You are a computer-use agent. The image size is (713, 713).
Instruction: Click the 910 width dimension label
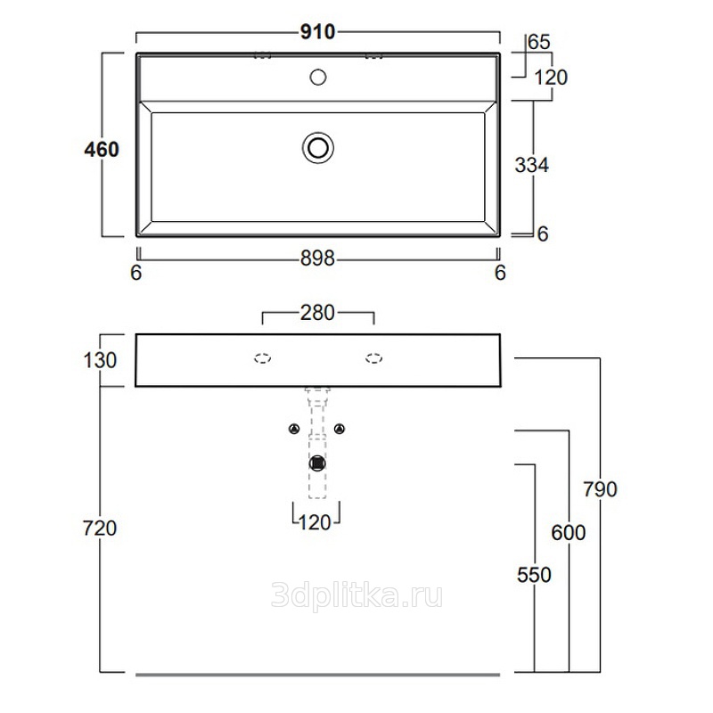pyautogui.click(x=317, y=32)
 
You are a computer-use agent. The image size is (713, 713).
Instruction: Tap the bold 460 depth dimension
pyautogui.click(x=102, y=149)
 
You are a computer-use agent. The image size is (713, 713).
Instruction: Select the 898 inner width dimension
pyautogui.click(x=317, y=258)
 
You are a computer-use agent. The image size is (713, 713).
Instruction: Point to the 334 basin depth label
pyautogui.click(x=531, y=165)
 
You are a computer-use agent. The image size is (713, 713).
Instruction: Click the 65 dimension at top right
pyautogui.click(x=539, y=42)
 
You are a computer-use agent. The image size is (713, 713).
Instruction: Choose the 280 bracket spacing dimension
pyautogui.click(x=317, y=313)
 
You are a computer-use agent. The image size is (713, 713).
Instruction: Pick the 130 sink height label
pyautogui.click(x=100, y=360)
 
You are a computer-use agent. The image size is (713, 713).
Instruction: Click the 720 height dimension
pyautogui.click(x=100, y=528)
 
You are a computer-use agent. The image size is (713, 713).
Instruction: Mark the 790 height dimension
pyautogui.click(x=600, y=489)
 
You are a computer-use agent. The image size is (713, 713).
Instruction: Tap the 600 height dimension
pyautogui.click(x=569, y=532)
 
